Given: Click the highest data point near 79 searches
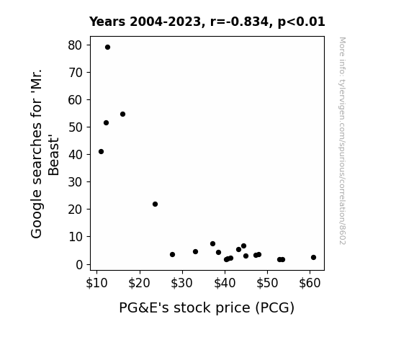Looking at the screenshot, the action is [x=107, y=48].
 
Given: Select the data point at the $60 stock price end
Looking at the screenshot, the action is [x=313, y=257].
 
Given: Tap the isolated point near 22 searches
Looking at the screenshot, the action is [x=155, y=204].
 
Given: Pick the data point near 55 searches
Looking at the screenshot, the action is [x=122, y=114].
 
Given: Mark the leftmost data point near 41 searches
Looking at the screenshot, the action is [x=101, y=152].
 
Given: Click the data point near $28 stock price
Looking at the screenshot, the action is [x=172, y=255].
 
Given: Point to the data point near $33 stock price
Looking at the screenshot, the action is [x=195, y=252].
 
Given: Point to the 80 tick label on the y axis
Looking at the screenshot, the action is [x=75, y=45].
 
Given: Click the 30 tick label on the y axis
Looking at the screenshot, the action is [x=75, y=181].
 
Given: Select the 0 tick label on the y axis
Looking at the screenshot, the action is [x=79, y=264].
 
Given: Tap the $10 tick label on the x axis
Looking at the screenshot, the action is [x=96, y=283].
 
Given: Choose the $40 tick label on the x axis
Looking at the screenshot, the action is [x=225, y=283].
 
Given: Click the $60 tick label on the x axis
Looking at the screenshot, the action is [x=310, y=283].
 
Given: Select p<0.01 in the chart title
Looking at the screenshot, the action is [x=301, y=22].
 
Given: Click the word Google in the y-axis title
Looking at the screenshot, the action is [x=37, y=217].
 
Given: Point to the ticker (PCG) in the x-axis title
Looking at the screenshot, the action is [x=275, y=307].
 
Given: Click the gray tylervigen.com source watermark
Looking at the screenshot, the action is [x=342, y=141].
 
